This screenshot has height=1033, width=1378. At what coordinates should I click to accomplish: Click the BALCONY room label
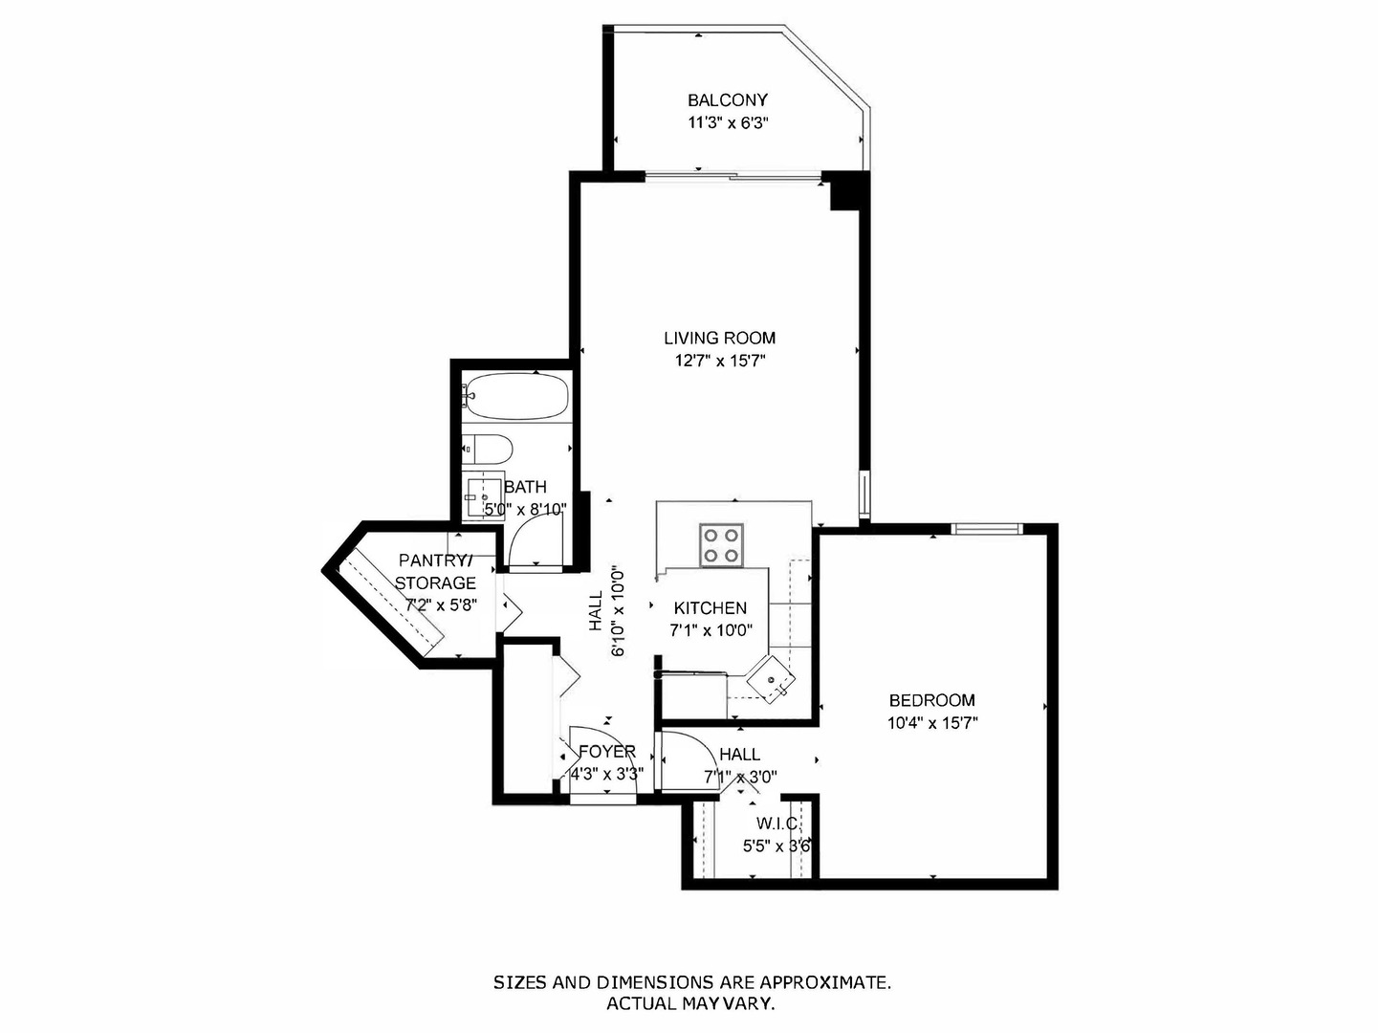pyautogui.click(x=728, y=100)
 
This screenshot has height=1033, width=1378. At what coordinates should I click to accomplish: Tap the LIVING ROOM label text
pyautogui.click(x=719, y=338)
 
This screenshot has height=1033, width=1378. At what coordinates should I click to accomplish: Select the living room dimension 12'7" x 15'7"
pyautogui.click(x=719, y=362)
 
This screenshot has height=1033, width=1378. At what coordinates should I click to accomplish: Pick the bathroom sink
pyautogui.click(x=485, y=495)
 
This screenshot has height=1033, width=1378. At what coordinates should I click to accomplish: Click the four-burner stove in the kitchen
pyautogui.click(x=721, y=545)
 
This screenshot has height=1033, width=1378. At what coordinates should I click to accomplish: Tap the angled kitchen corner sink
pyautogui.click(x=771, y=679)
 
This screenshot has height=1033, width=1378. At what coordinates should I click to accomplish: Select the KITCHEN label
pyautogui.click(x=710, y=608)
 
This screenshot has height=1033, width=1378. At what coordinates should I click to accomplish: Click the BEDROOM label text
pyautogui.click(x=932, y=700)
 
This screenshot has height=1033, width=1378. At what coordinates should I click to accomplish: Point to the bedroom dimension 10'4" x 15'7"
pyautogui.click(x=932, y=723)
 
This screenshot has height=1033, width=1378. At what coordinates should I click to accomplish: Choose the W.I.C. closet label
pyautogui.click(x=777, y=824)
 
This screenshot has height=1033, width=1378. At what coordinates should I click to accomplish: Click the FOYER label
pyautogui.click(x=607, y=752)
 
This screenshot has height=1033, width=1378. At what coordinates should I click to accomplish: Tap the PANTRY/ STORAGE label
pyautogui.click(x=435, y=571)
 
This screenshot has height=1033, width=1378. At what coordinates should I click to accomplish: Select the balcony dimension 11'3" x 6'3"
pyautogui.click(x=729, y=123)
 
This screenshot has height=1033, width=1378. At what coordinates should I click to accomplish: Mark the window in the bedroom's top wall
pyautogui.click(x=987, y=529)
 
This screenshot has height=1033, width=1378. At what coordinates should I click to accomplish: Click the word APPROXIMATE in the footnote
pyautogui.click(x=825, y=982)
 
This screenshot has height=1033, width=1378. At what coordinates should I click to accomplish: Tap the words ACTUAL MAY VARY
pyautogui.click(x=690, y=1004)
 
